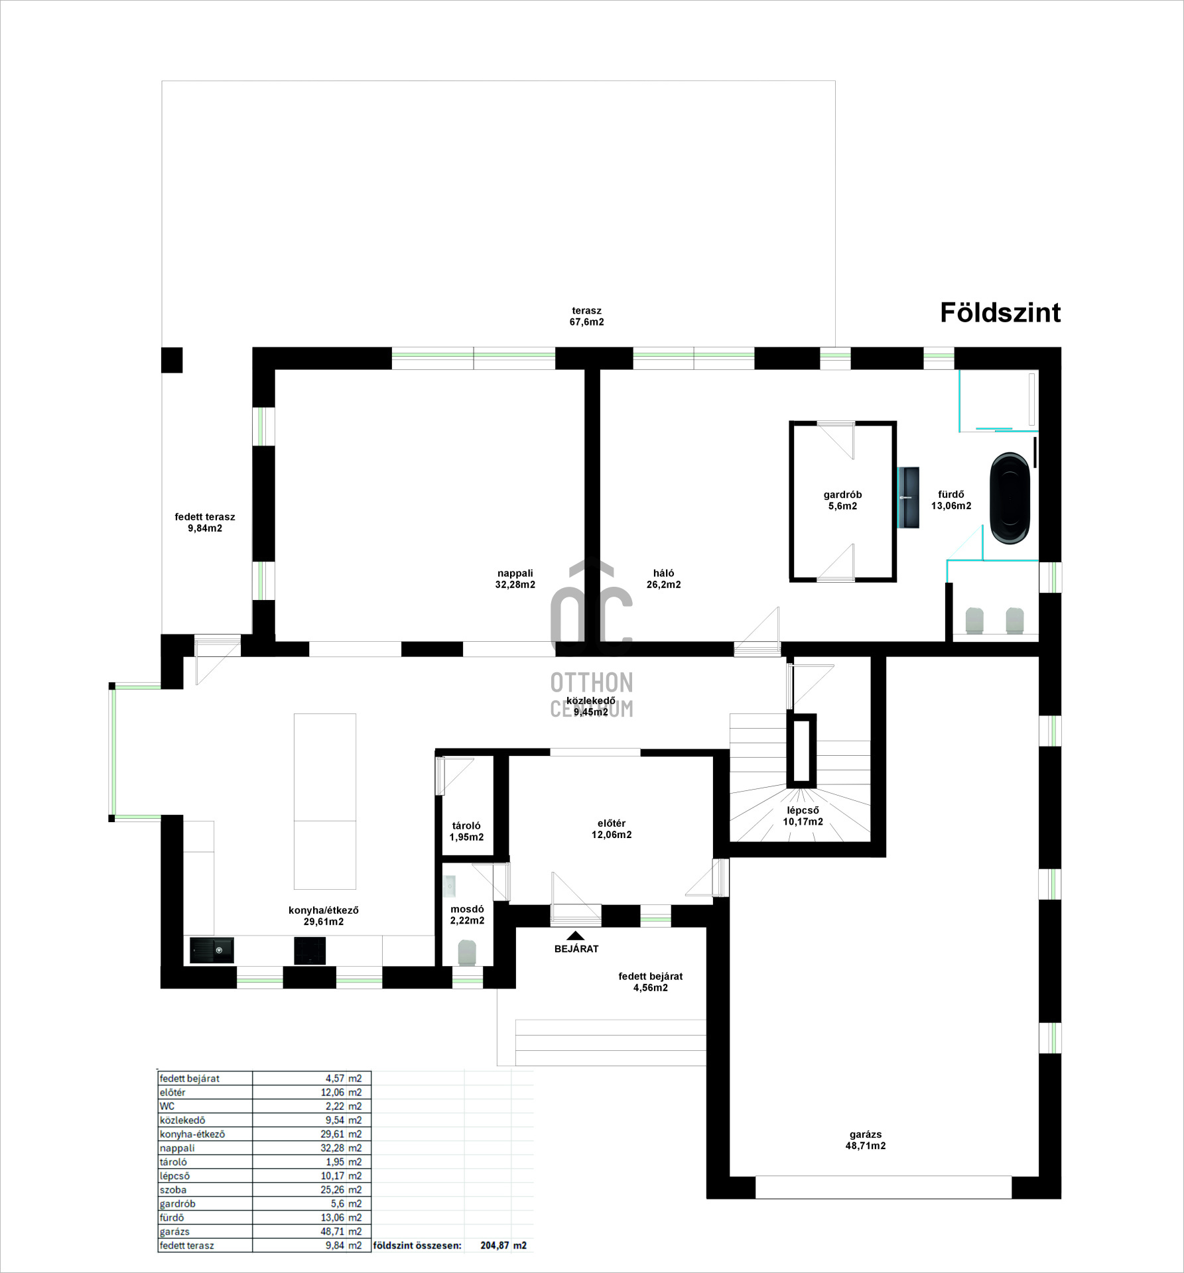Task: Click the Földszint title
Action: pyautogui.click(x=1000, y=313)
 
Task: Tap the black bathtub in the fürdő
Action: pyautogui.click(x=1010, y=499)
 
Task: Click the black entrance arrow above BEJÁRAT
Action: pyautogui.click(x=576, y=936)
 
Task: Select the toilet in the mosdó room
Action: pyautogui.click(x=467, y=953)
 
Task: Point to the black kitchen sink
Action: pyautogui.click(x=212, y=950)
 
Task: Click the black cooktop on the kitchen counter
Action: pyautogui.click(x=310, y=951)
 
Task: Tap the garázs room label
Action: pyautogui.click(x=866, y=1140)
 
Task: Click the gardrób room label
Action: pyautogui.click(x=842, y=500)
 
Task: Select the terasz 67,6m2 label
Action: pyautogui.click(x=586, y=316)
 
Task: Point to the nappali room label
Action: pyautogui.click(x=515, y=579)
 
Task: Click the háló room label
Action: pyautogui.click(x=663, y=579)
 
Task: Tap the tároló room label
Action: pyautogui.click(x=466, y=831)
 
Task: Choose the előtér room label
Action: pyautogui.click(x=612, y=829)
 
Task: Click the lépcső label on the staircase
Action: pyautogui.click(x=803, y=816)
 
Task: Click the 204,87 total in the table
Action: pyautogui.click(x=495, y=1245)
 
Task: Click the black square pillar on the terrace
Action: pyautogui.click(x=172, y=360)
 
